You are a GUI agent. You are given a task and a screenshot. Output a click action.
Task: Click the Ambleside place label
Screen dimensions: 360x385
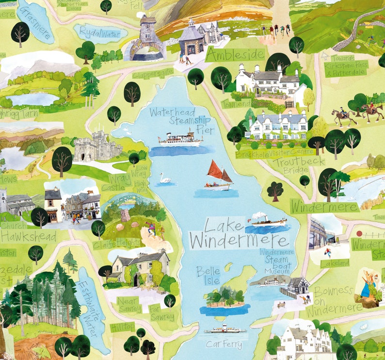235,55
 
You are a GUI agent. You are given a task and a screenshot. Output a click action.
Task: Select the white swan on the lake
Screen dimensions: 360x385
165,179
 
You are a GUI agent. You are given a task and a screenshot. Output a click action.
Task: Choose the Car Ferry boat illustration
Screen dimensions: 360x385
225,330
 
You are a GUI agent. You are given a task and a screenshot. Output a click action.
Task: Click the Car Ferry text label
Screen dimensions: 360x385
224,344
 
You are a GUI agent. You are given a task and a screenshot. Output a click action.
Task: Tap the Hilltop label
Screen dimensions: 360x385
122,327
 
